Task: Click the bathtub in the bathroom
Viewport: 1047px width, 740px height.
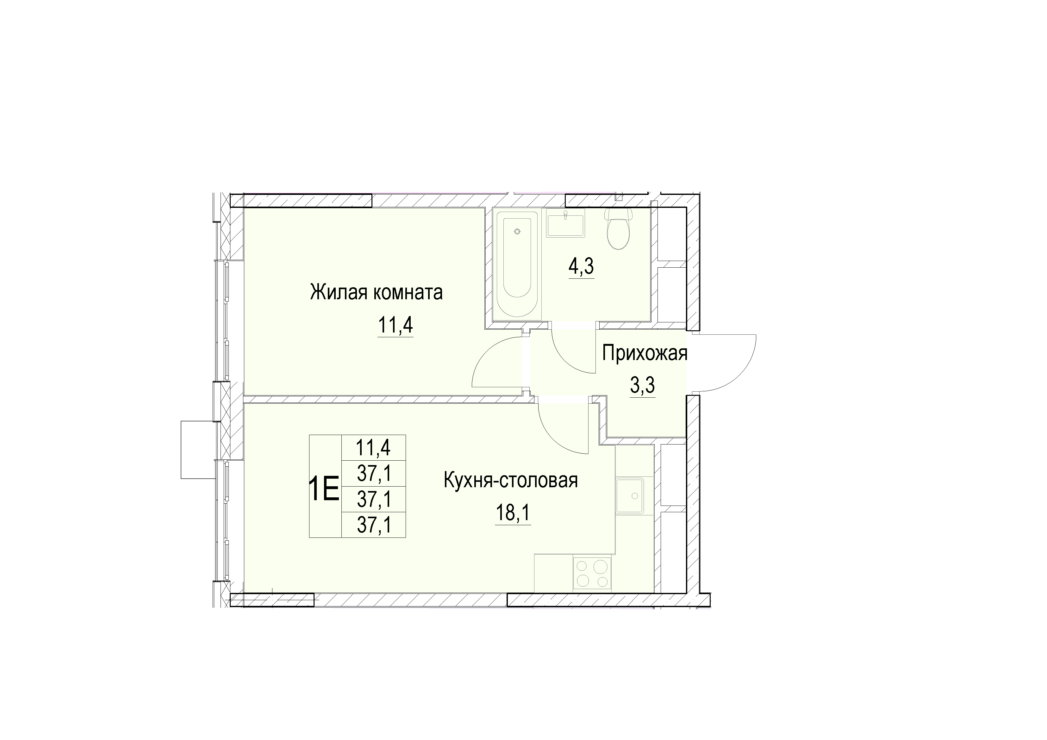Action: [517, 264]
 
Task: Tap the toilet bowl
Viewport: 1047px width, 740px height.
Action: [618, 229]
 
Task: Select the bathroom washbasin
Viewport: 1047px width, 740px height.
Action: [565, 223]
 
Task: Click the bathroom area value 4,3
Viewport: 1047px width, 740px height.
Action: [582, 267]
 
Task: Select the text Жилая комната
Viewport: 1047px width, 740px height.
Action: [376, 292]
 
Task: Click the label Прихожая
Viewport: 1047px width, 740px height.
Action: [644, 353]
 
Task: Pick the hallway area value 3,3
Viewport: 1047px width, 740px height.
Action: [643, 386]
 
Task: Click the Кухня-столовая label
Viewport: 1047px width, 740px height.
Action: [511, 481]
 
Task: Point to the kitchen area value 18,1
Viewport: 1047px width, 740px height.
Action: [513, 513]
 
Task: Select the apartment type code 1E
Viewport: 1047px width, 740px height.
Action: [324, 488]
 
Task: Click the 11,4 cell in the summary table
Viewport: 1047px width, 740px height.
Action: [373, 447]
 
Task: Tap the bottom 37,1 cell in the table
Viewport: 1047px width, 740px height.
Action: [373, 525]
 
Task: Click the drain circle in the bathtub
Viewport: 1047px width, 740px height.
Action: [517, 232]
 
